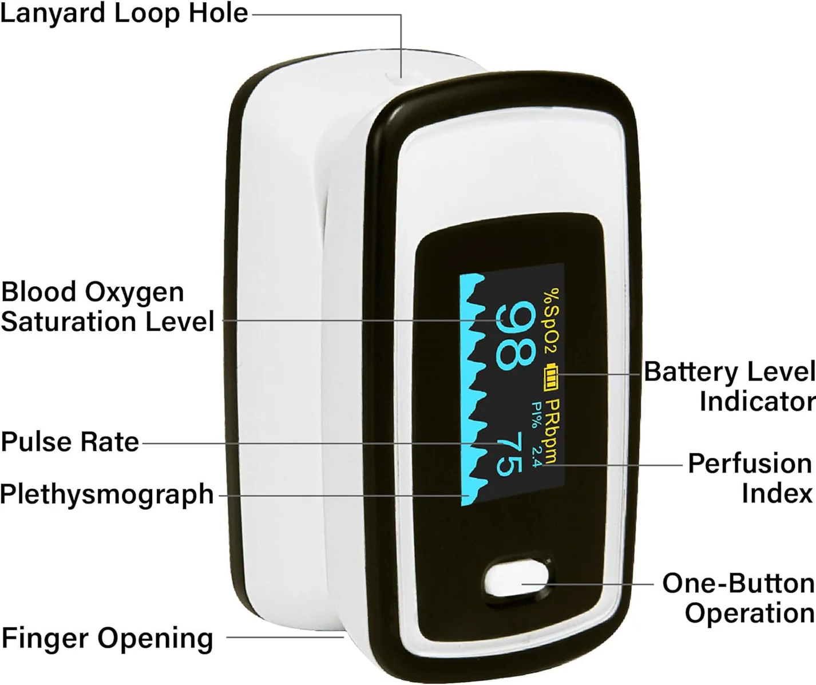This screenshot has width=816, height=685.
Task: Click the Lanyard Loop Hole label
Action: (124, 13)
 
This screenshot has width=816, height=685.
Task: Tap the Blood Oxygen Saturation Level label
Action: (107, 307)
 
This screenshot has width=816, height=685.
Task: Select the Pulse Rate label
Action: (70, 442)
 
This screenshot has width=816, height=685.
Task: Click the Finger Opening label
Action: (107, 638)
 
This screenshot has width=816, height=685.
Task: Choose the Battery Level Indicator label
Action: (729, 386)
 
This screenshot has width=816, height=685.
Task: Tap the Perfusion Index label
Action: (750, 478)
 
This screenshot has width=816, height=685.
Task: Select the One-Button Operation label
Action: (739, 598)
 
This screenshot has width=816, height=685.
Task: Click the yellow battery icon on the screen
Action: (552, 377)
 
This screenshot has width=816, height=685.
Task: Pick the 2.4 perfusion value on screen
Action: (536, 457)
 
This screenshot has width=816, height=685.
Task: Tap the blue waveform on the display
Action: (473, 389)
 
